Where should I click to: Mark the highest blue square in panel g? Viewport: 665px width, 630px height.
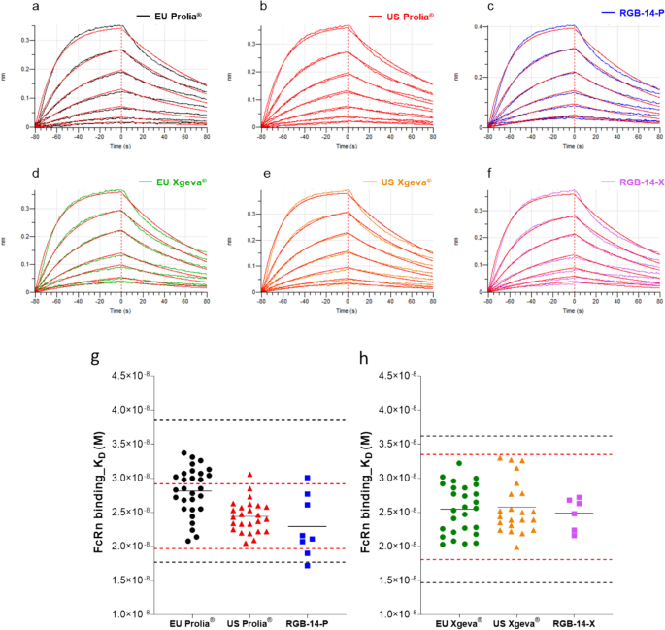[x=307, y=478]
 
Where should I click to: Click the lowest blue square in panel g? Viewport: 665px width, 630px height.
[x=308, y=564]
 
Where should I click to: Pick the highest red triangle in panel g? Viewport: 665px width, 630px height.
[x=249, y=475]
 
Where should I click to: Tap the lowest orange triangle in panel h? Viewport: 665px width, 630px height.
[x=518, y=547]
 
